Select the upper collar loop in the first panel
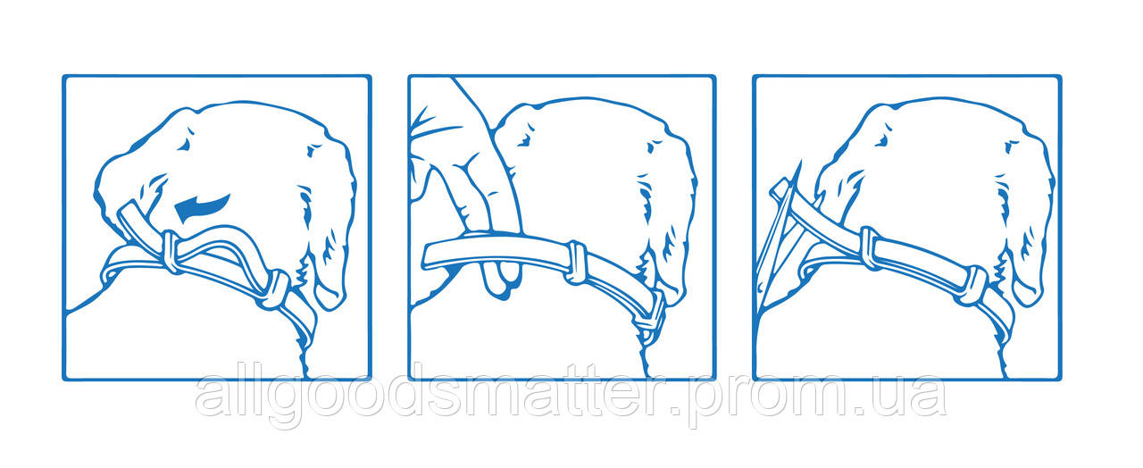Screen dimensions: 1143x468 (171, 251)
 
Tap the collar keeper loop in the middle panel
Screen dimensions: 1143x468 (577, 263)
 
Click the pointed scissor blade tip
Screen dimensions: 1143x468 (800, 163)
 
